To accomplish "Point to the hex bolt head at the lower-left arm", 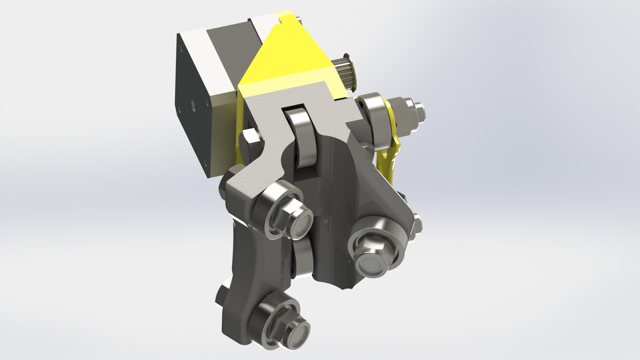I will pyautogui.click(x=221, y=293).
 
